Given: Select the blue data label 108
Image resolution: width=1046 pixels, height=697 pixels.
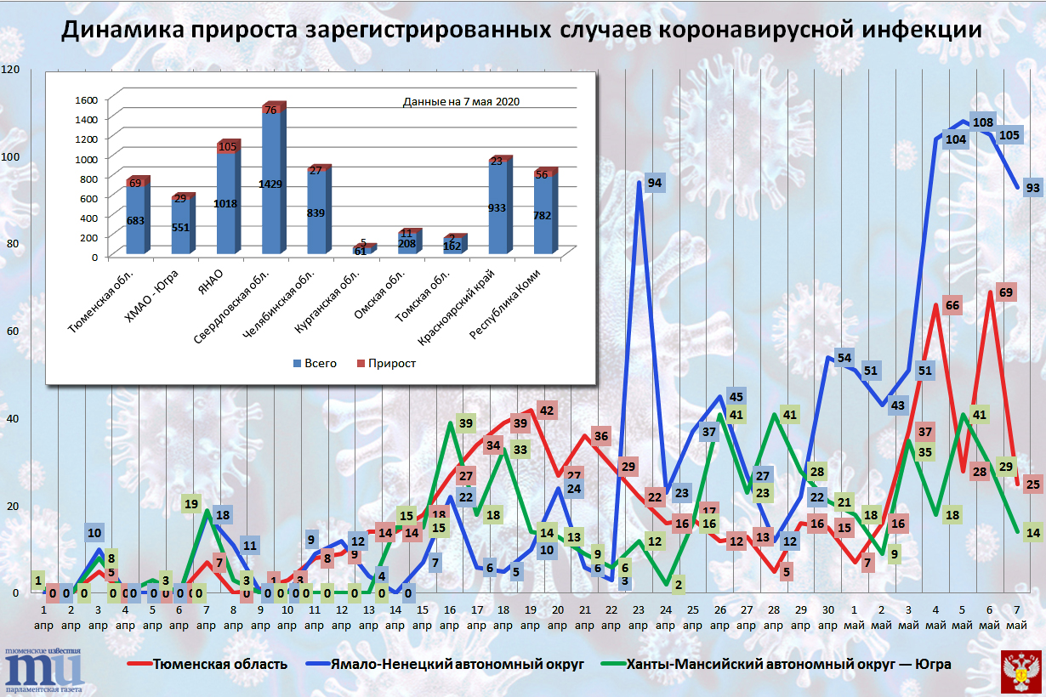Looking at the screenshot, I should (x=983, y=122).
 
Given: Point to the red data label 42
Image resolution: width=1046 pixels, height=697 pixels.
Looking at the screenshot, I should (x=547, y=411).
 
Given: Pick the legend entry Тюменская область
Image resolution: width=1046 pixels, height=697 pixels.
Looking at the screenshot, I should (x=219, y=664).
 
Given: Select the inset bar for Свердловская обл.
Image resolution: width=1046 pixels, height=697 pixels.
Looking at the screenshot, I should (x=272, y=183).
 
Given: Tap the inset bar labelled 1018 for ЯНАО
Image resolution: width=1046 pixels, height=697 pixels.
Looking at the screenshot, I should (x=227, y=204).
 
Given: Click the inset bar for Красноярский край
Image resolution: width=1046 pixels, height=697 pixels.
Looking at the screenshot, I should (x=496, y=208).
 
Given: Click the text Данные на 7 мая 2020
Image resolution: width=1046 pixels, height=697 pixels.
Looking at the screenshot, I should (x=461, y=101).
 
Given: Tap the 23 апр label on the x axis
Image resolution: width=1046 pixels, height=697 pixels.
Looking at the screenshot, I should (x=640, y=618).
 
